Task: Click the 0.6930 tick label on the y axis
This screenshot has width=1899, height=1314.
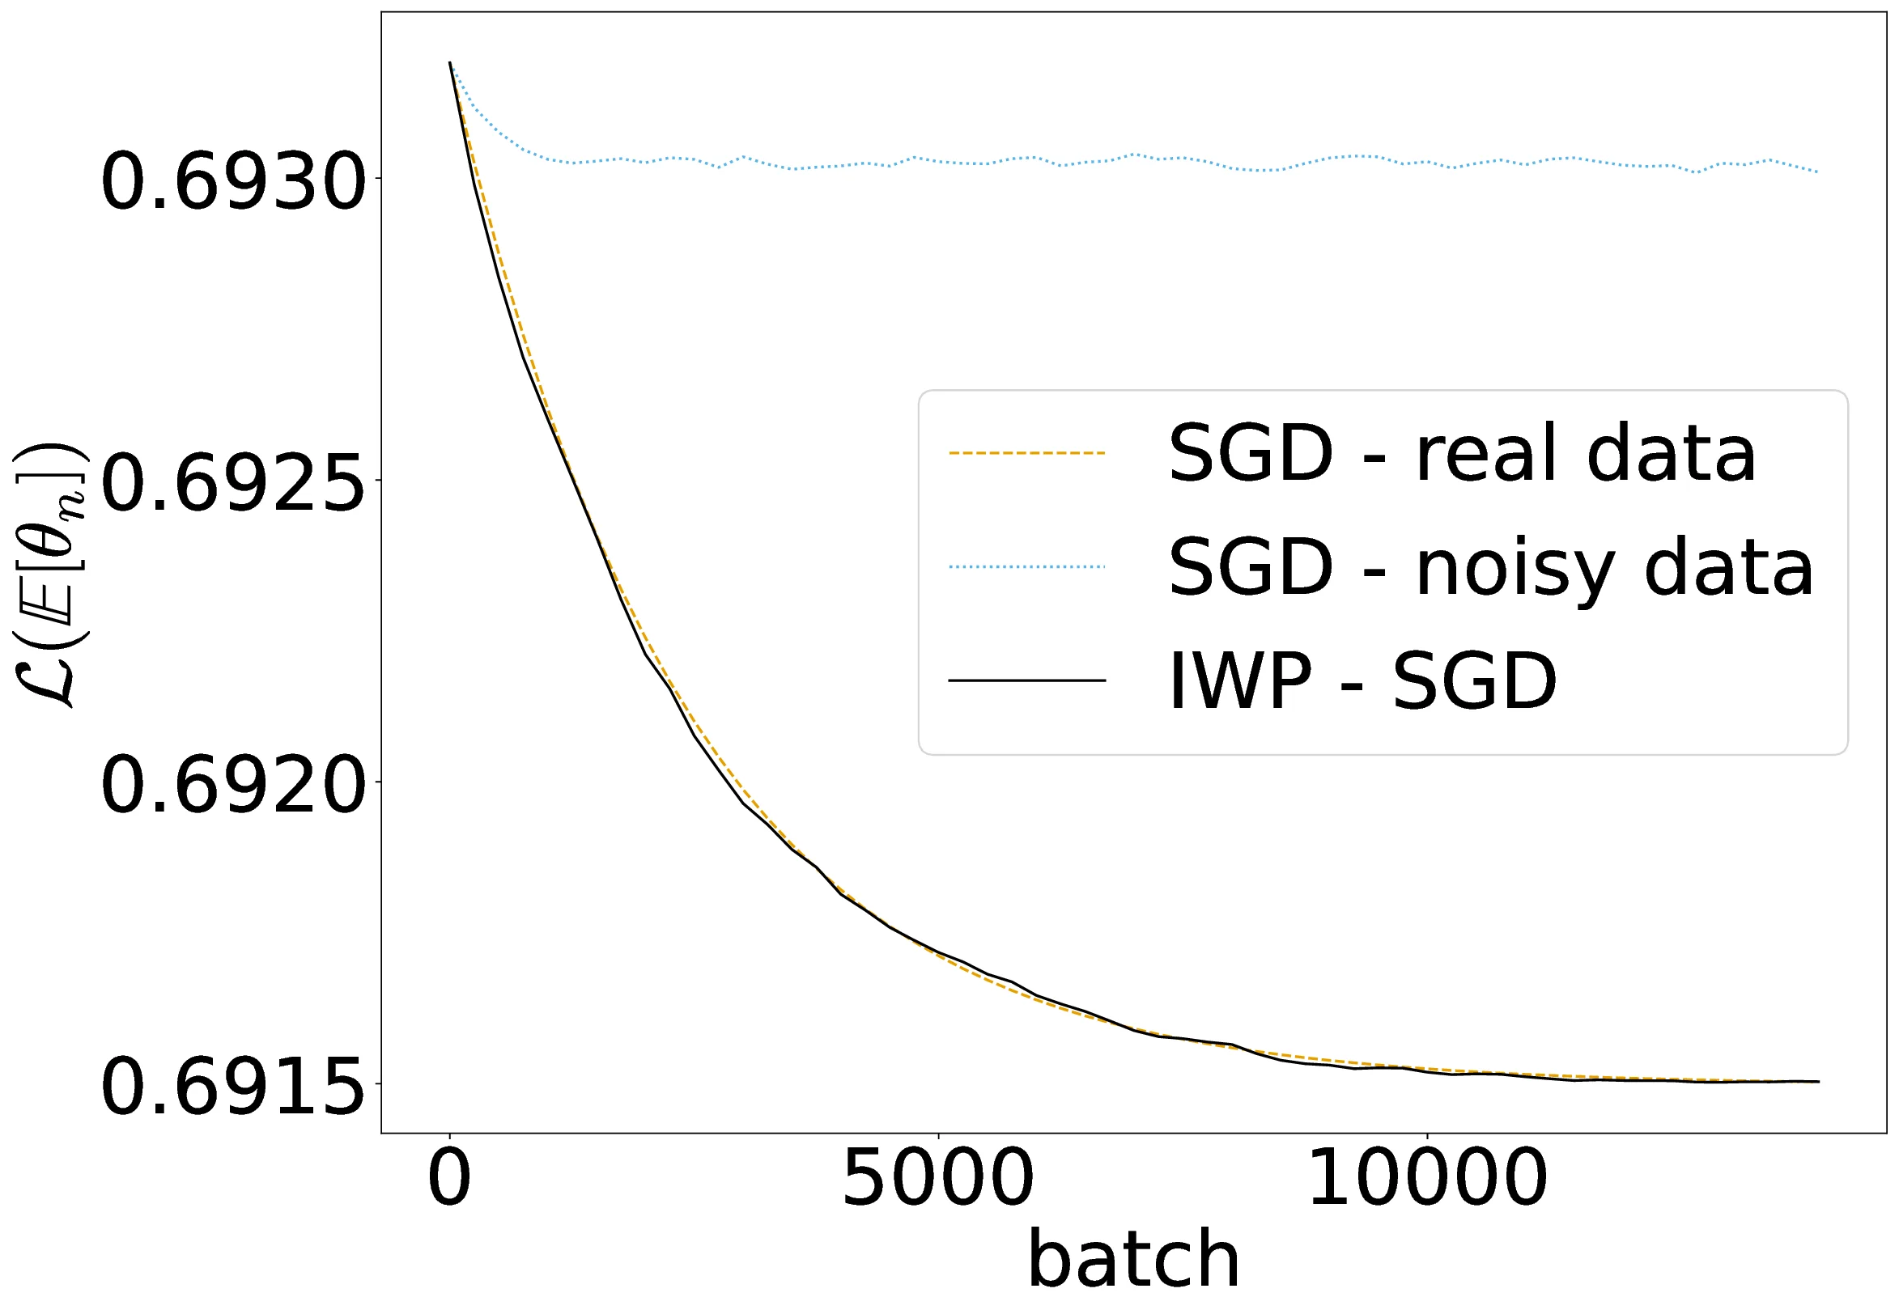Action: (x=233, y=182)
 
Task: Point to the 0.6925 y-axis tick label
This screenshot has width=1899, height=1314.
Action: (x=233, y=483)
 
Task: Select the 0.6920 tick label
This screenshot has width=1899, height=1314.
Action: (x=233, y=786)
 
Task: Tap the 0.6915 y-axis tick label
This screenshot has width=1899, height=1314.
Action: (x=233, y=1087)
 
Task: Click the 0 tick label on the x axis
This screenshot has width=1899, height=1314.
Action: (x=449, y=1179)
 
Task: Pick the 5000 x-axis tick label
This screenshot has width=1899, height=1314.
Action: (x=937, y=1179)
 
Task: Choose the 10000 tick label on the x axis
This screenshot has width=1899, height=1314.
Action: (x=1427, y=1179)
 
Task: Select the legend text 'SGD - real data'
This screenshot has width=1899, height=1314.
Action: (x=1462, y=454)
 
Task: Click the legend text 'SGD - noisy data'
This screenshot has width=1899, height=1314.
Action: (x=1490, y=568)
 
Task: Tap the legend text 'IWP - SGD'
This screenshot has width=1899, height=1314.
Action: (x=1362, y=681)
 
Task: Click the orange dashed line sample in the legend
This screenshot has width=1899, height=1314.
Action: (x=1026, y=453)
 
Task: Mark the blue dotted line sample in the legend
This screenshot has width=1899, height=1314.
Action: (x=1026, y=566)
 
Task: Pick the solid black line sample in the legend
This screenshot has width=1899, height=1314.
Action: (x=1026, y=680)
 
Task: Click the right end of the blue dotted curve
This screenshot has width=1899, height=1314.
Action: (x=1817, y=172)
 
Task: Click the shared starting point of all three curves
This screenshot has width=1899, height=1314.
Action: (x=449, y=62)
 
